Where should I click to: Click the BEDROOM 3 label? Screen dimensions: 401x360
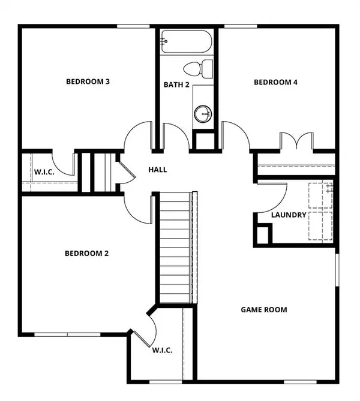click(87, 82)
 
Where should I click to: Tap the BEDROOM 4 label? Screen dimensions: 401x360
click(275, 83)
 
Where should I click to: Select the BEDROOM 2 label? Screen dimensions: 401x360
click(86, 254)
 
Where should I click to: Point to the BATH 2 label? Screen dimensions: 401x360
click(176, 85)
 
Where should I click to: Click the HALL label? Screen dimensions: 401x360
click(158, 170)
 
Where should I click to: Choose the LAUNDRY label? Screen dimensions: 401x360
click(289, 215)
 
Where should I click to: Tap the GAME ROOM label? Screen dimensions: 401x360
click(264, 310)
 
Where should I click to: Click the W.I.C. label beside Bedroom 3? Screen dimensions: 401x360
click(44, 173)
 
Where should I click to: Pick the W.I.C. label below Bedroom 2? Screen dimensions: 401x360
click(162, 351)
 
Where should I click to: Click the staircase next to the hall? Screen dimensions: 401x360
click(175, 249)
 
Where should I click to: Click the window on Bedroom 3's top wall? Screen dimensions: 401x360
click(133, 26)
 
